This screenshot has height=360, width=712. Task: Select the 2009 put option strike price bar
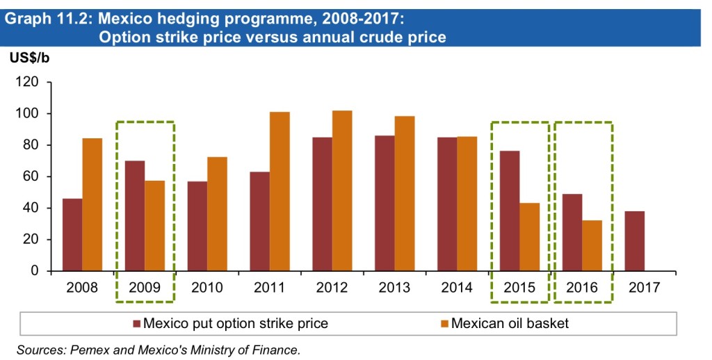coord(135,215)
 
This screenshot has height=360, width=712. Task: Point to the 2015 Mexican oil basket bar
coord(530,236)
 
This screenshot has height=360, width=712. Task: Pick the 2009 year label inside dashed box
coord(145,287)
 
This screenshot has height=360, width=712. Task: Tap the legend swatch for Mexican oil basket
coord(445,323)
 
